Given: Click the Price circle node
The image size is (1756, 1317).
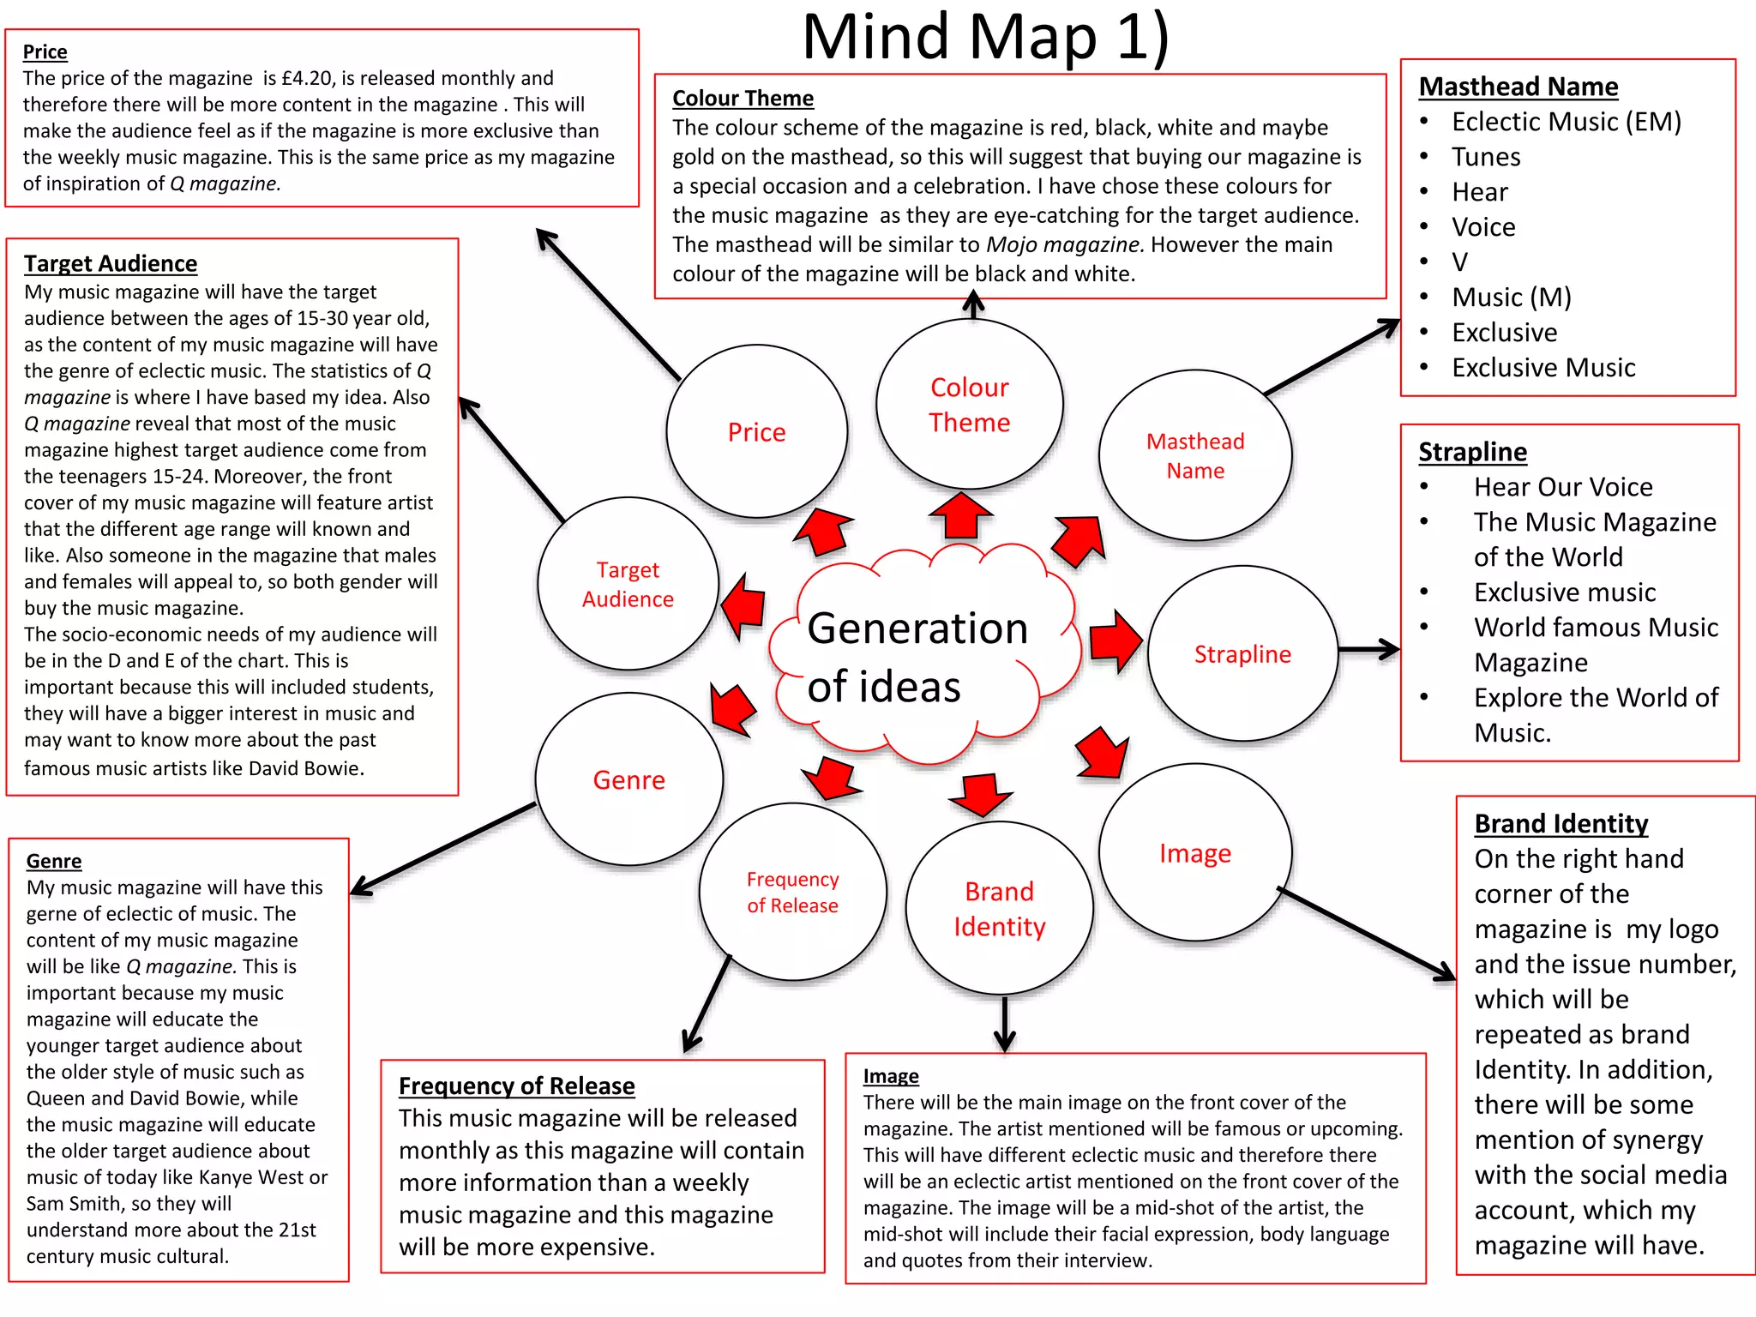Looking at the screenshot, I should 756,431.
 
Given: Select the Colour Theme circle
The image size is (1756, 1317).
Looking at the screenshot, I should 969,404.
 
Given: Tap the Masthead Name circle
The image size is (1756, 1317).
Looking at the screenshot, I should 1194,455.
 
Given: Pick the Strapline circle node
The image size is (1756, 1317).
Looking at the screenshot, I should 1242,653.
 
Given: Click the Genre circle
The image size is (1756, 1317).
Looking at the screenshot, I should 628,779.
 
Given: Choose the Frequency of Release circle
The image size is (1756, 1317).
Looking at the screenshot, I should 792,892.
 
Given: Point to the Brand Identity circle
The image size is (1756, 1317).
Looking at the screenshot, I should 999,909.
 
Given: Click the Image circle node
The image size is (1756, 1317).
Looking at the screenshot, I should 1194,852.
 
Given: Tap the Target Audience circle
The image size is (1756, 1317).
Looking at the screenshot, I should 628,584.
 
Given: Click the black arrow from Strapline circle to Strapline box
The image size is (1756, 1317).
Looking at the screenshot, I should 1368,650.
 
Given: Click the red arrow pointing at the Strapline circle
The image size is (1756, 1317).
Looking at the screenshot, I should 1116,640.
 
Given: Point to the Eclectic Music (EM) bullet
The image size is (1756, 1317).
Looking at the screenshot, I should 1566,122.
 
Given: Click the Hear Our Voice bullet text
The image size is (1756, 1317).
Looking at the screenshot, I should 1562,487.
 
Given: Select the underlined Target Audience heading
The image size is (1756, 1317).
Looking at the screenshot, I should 110,263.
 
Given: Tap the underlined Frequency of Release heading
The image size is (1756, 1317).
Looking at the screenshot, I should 516,1085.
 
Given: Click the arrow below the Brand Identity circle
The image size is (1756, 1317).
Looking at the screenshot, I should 1004,1024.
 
